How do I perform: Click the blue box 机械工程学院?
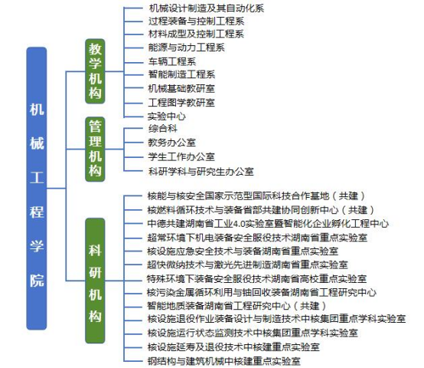[37, 189]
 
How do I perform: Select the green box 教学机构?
[95, 71]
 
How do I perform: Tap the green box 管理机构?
[95, 149]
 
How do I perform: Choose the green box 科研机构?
[95, 281]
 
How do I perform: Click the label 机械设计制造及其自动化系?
[207, 8]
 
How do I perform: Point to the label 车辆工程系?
[172, 61]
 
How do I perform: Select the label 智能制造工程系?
[181, 74]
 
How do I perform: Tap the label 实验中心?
[167, 117]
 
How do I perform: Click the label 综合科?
[162, 128]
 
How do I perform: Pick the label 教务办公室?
[171, 143]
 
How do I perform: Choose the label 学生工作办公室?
[181, 157]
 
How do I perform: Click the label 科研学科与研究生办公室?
[201, 172]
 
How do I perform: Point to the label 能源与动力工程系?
[186, 48]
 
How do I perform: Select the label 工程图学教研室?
[181, 103]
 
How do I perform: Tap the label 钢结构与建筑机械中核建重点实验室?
[224, 361]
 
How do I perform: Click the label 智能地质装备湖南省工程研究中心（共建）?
[236, 306]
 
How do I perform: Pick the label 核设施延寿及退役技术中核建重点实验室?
[233, 347]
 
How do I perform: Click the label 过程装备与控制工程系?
[197, 21]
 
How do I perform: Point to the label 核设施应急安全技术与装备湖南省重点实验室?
[243, 251]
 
